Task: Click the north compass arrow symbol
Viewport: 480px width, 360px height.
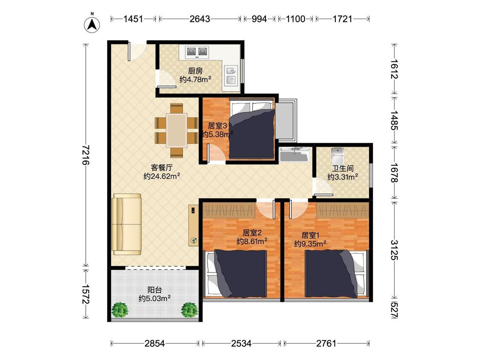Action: [92, 24]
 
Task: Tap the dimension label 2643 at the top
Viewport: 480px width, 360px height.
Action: [200, 19]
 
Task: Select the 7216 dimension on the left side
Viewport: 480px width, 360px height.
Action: [86, 154]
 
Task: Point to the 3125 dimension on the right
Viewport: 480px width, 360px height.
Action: [395, 250]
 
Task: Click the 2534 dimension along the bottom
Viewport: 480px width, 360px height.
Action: [241, 343]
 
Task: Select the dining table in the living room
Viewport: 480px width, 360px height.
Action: [177, 130]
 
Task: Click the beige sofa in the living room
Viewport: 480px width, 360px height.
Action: [127, 224]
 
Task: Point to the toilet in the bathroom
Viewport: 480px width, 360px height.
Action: [337, 156]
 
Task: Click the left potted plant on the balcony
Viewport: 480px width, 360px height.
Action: [120, 310]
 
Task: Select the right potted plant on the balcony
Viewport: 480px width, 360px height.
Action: [190, 310]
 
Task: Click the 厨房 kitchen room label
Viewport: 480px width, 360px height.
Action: [195, 71]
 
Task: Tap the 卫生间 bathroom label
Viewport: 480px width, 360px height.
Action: [343, 168]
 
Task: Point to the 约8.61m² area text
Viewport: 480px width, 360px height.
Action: [252, 241]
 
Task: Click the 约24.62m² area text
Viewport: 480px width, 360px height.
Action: [162, 176]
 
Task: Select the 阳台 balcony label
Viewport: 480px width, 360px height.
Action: [154, 290]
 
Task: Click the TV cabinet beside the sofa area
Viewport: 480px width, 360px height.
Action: [193, 225]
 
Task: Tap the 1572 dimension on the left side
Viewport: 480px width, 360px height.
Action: [86, 294]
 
